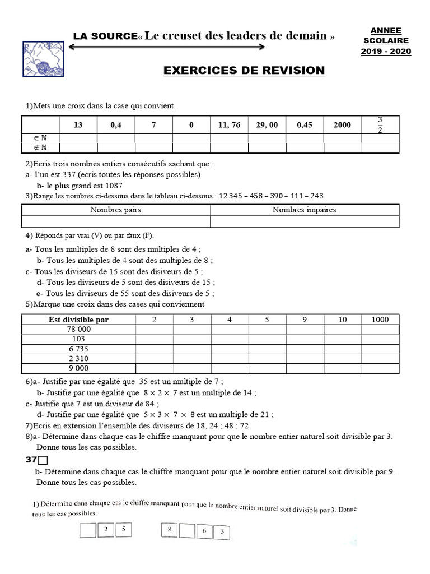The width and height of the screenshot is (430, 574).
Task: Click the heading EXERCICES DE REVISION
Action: [244, 71]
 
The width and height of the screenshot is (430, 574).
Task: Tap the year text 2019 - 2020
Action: [386, 52]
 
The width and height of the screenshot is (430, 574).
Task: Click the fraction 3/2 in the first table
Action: [380, 125]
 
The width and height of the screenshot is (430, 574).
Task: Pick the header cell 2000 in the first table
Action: [342, 125]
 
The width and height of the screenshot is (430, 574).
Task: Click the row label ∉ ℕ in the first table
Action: [40, 148]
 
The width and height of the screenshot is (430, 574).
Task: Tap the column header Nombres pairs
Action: [116, 210]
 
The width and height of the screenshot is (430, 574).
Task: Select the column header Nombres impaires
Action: [304, 210]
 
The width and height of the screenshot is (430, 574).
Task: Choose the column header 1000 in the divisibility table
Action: [380, 320]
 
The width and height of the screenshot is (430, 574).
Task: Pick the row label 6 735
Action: [78, 349]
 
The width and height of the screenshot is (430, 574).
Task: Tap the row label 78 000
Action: [78, 330]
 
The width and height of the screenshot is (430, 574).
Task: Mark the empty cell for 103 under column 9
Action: [305, 339]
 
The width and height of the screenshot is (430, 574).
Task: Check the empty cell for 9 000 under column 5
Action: [267, 368]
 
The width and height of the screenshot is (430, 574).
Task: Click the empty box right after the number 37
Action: [43, 461]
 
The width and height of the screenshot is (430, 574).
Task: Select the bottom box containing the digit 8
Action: [169, 529]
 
